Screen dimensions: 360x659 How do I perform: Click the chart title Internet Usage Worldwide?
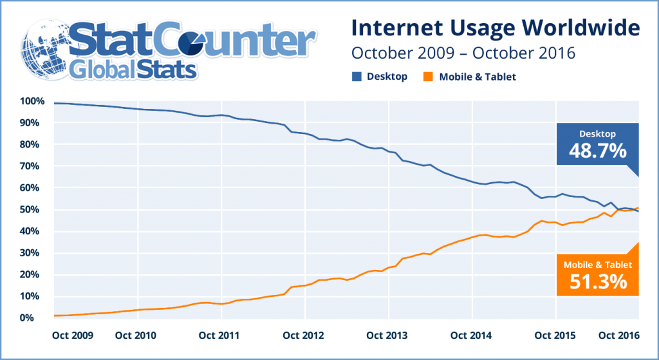tap(495, 29)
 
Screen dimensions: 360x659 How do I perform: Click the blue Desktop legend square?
tap(355, 77)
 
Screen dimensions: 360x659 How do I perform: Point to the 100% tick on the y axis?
tap(32, 101)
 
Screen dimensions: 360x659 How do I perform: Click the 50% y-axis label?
tap(33, 209)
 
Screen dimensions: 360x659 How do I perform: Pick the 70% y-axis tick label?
tap(33, 166)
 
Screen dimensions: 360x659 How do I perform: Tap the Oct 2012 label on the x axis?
tap(304, 335)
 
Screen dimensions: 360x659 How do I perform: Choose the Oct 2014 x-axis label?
tap(472, 335)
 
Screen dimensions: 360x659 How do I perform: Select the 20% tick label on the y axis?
tap(33, 274)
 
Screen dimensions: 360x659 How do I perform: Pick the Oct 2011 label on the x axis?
tap(221, 335)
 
